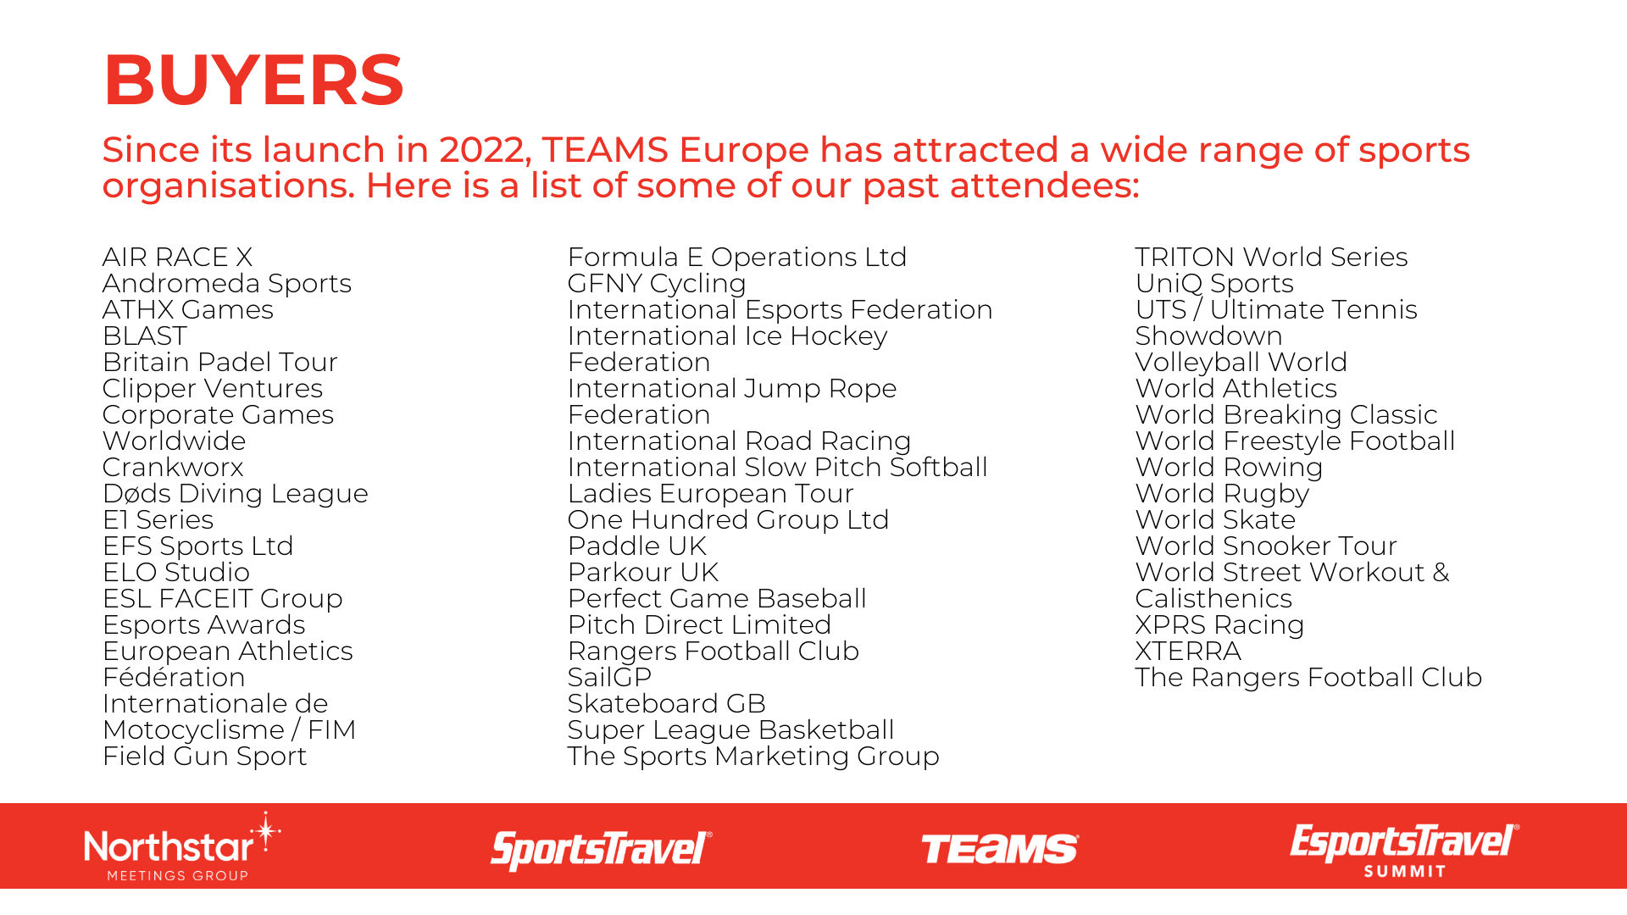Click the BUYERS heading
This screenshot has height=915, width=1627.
click(x=253, y=80)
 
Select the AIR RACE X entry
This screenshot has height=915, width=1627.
click(x=177, y=257)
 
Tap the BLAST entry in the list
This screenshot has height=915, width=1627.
click(x=144, y=335)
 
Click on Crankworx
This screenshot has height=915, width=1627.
click(x=173, y=467)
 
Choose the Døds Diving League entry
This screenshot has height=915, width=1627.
click(x=236, y=494)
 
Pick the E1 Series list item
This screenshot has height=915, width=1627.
click(x=158, y=519)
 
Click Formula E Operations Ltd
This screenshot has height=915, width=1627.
click(x=737, y=258)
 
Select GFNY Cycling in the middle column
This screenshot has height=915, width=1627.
click(x=657, y=284)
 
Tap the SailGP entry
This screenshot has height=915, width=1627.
click(x=609, y=677)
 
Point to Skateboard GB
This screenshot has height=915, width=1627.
click(x=667, y=703)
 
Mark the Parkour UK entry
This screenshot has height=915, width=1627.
click(x=643, y=572)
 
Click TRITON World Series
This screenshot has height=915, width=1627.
click(x=1271, y=257)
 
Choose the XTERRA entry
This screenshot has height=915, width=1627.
click(x=1188, y=651)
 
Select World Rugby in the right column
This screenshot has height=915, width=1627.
click(x=1222, y=494)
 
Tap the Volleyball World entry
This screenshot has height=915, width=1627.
click(x=1241, y=363)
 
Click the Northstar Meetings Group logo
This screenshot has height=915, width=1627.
click(x=182, y=846)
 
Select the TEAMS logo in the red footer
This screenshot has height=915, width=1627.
click(x=1000, y=849)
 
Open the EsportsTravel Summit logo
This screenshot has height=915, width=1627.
click(x=1404, y=850)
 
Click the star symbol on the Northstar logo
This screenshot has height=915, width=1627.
click(x=266, y=831)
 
